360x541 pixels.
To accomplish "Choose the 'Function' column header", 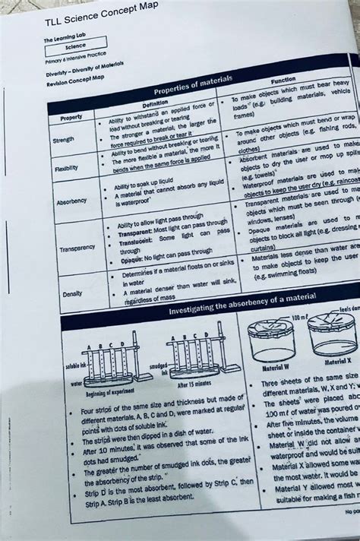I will coord(283,80).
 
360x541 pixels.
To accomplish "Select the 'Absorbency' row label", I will coord(71,201).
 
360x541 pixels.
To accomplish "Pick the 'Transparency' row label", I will coord(76,248).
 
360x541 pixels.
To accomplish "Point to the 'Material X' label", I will coord(337,362).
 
